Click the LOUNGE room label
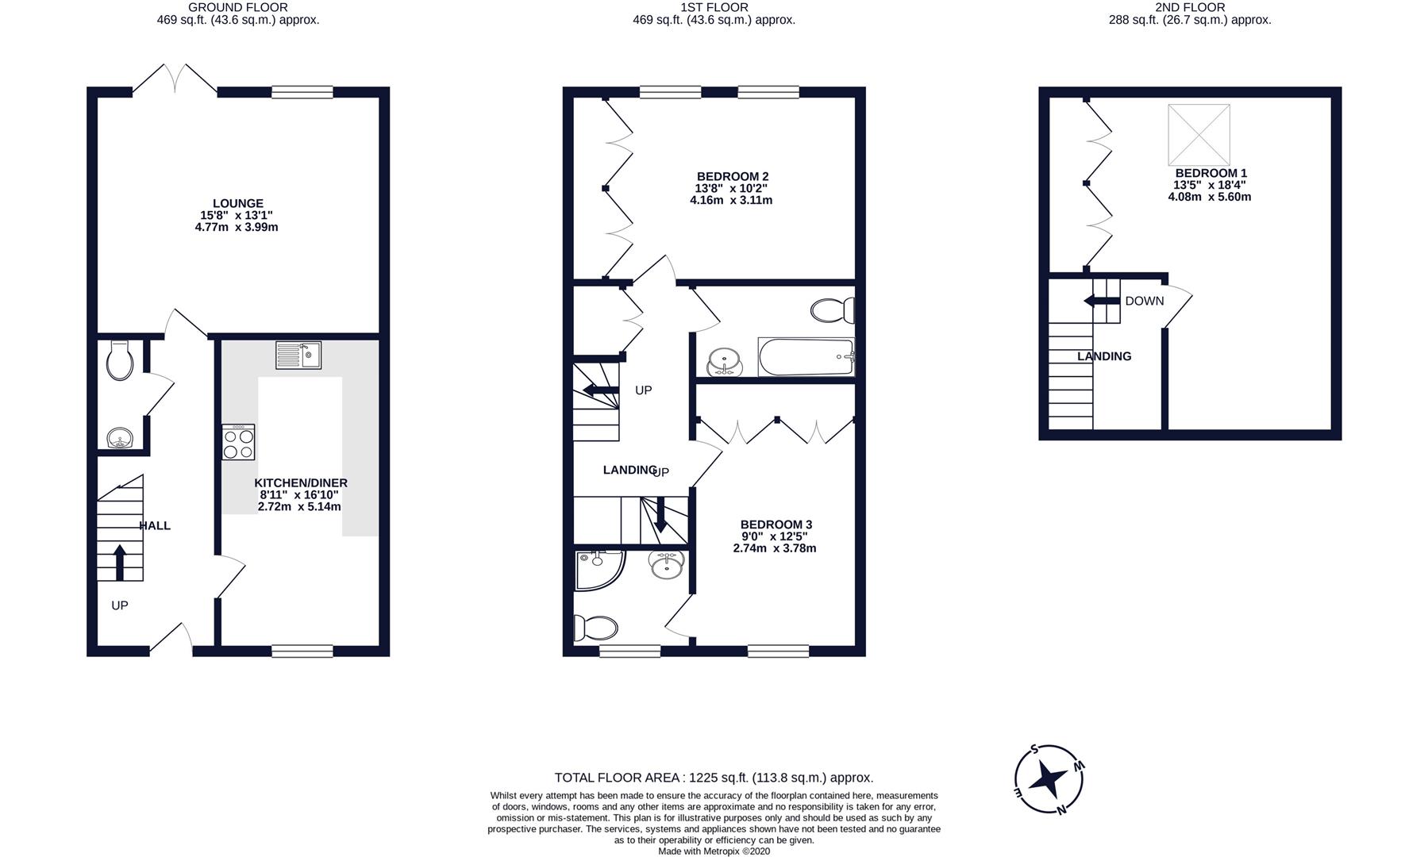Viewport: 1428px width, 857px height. pyautogui.click(x=237, y=204)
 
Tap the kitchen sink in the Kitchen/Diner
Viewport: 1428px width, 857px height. pyautogui.click(x=298, y=355)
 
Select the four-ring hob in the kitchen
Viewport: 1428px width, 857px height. pyautogui.click(x=239, y=442)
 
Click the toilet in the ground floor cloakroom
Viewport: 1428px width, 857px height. pyautogui.click(x=120, y=361)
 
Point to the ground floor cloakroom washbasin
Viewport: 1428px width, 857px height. pyautogui.click(x=121, y=438)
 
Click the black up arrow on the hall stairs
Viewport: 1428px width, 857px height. pyautogui.click(x=120, y=562)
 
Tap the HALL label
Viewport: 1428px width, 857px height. pyautogui.click(x=155, y=525)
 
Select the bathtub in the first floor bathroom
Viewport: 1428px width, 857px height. pyautogui.click(x=806, y=357)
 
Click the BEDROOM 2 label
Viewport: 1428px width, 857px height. pyautogui.click(x=733, y=176)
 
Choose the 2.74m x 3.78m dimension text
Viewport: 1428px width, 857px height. pyautogui.click(x=775, y=548)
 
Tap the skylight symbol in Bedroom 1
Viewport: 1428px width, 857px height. pyautogui.click(x=1199, y=135)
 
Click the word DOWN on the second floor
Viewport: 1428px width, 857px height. pyautogui.click(x=1145, y=301)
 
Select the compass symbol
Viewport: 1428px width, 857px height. pyautogui.click(x=1049, y=780)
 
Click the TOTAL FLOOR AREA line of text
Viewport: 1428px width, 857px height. pyautogui.click(x=714, y=778)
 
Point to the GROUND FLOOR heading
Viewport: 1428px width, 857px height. pyautogui.click(x=238, y=7)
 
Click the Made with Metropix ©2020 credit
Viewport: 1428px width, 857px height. pyautogui.click(x=714, y=851)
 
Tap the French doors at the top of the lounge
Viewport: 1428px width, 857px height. pyautogui.click(x=175, y=79)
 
